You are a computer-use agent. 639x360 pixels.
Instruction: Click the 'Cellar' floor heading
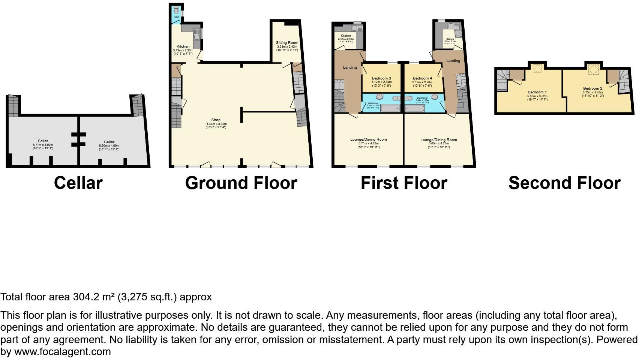[78, 183]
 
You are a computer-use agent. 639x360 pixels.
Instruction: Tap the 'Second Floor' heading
[564, 183]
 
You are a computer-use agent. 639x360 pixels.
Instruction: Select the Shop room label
[215, 120]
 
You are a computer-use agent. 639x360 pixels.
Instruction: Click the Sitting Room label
[287, 43]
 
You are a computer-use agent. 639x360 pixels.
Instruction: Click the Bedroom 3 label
[381, 78]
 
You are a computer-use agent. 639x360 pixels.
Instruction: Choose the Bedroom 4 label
[422, 78]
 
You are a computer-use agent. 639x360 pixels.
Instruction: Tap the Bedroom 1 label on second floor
[537, 92]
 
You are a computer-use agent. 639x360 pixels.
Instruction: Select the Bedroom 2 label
[592, 88]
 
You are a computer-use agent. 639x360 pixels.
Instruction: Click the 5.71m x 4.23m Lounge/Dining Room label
[368, 139]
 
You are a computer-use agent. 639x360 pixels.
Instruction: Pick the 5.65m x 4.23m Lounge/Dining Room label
[438, 140]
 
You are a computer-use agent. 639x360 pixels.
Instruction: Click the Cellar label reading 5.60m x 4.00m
[109, 142]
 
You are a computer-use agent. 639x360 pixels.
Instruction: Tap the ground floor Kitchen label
[183, 46]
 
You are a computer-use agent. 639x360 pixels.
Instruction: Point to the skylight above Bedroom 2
[593, 69]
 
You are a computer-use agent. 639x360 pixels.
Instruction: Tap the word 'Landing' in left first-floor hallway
[349, 67]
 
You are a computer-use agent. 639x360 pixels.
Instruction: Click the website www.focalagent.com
[62, 352]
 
